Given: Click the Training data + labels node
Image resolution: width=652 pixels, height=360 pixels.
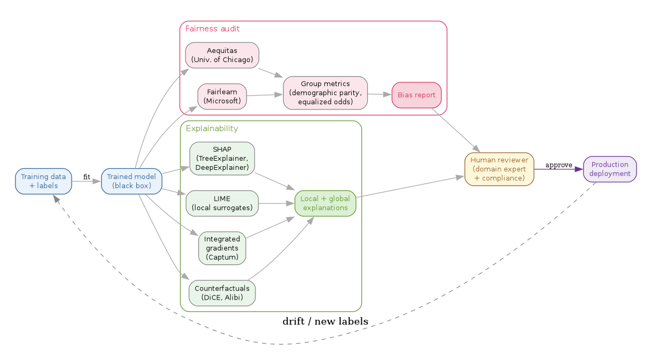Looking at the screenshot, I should (43, 181).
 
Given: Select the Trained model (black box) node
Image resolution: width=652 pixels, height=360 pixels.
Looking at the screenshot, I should (131, 181).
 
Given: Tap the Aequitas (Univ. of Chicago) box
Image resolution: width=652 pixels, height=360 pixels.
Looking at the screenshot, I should (222, 55).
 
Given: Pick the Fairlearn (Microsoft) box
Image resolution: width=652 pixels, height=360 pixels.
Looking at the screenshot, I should (222, 96).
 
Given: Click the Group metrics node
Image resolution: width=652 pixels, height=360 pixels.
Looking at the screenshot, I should (325, 93).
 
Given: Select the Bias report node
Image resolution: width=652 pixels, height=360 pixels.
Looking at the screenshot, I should (416, 95).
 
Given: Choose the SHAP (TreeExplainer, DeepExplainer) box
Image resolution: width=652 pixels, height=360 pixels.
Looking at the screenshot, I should (222, 158).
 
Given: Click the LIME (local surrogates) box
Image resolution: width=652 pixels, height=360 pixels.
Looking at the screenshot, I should (222, 203).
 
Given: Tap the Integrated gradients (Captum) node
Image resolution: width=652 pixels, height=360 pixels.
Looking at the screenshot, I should (222, 248).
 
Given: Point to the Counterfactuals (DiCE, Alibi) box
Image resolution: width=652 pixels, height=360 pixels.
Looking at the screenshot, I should (222, 293).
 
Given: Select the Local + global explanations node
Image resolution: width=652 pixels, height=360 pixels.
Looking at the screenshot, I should (325, 203).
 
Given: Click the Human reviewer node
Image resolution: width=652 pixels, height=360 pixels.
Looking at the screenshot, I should (499, 169).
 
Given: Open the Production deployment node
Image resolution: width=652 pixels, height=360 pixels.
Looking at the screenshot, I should (610, 169).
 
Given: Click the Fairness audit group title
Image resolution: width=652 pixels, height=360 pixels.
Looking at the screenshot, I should (212, 28).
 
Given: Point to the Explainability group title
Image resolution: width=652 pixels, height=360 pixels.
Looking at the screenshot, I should (212, 129).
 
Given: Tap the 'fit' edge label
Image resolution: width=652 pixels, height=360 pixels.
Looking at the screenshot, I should (87, 177).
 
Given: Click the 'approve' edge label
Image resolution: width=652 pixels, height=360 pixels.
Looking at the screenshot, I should (558, 165).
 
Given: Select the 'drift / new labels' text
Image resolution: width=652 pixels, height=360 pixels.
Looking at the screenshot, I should (325, 322).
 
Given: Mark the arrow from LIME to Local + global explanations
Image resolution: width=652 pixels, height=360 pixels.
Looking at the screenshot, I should (276, 204).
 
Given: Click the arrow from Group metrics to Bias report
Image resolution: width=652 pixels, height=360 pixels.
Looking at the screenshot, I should (379, 95).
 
